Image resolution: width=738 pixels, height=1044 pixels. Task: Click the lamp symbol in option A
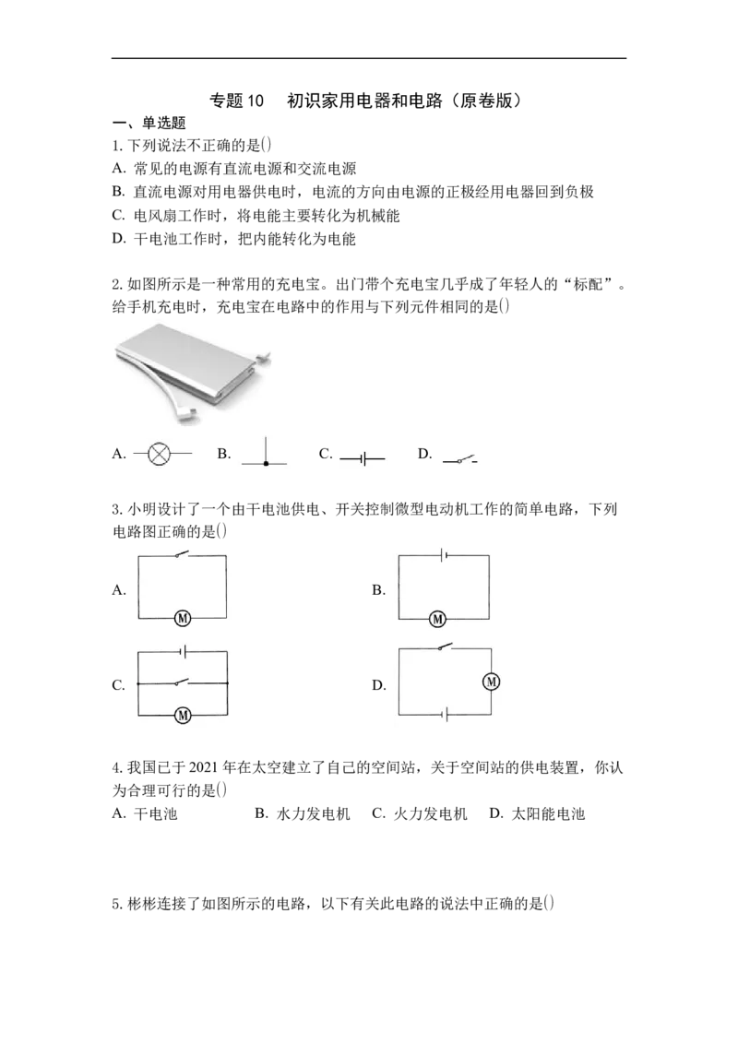(159, 455)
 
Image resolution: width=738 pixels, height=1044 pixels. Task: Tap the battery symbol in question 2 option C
(363, 458)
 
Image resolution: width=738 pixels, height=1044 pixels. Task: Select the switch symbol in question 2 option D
(460, 458)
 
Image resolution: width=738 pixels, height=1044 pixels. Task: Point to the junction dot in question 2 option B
(266, 463)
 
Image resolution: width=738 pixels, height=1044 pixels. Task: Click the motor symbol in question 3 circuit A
(183, 618)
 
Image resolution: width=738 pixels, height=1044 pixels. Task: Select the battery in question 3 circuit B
(443, 554)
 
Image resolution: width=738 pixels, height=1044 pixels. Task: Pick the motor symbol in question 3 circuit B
(437, 619)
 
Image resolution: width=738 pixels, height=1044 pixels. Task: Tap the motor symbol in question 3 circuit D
(492, 682)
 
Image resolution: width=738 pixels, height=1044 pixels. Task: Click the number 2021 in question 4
(204, 767)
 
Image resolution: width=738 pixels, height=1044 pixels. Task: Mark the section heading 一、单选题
(149, 123)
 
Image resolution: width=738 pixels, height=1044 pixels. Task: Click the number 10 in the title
(256, 101)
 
